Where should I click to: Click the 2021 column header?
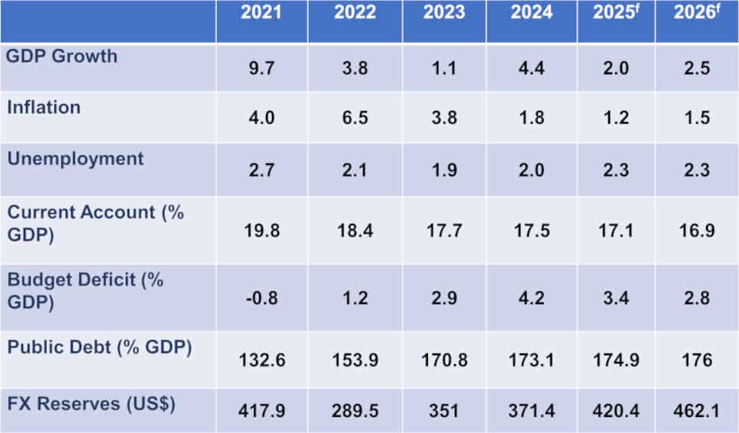(x=262, y=12)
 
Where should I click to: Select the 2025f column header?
(x=616, y=14)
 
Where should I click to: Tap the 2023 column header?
(x=444, y=12)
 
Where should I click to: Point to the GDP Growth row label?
(x=62, y=56)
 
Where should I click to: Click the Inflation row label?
(x=44, y=107)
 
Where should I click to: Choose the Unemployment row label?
(x=75, y=159)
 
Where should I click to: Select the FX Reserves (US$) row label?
(x=91, y=403)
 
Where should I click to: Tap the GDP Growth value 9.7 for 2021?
(x=262, y=68)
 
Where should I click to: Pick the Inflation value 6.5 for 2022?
(x=355, y=118)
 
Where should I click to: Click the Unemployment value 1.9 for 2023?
(x=444, y=170)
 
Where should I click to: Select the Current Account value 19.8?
(x=262, y=230)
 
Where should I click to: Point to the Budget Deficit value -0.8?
(x=262, y=297)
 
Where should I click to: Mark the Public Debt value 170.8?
(x=444, y=359)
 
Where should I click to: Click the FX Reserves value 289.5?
(x=355, y=411)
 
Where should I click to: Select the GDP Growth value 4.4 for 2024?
(x=532, y=68)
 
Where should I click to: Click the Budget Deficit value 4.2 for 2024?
(x=532, y=297)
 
